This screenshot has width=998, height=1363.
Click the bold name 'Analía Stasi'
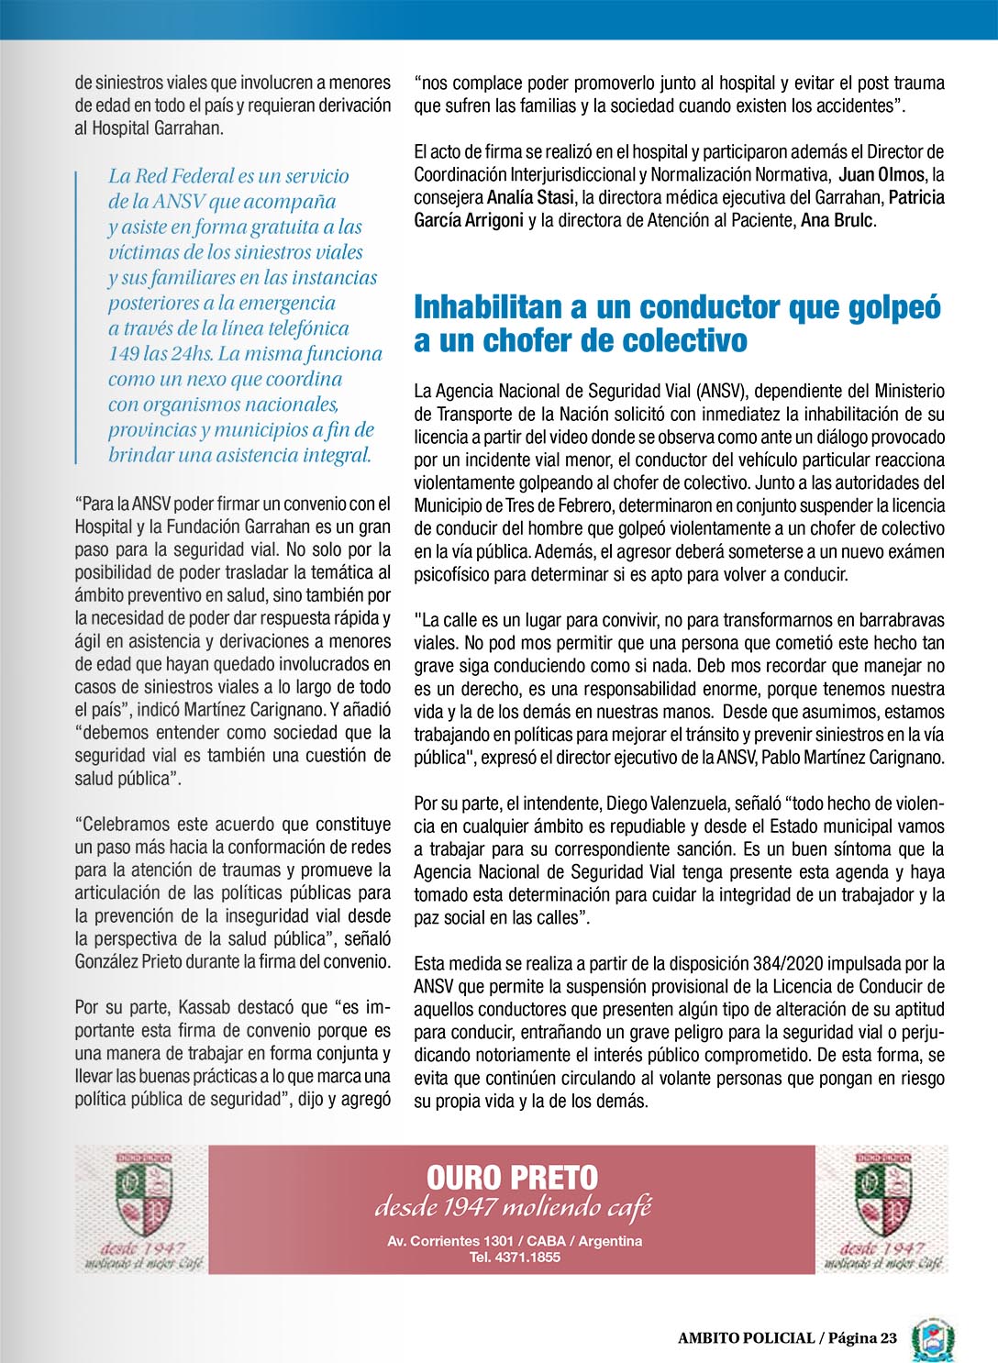[530, 197]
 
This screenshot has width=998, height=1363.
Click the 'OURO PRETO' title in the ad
[512, 1178]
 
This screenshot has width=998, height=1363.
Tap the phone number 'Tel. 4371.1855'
[515, 1258]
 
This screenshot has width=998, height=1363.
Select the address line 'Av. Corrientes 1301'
[450, 1241]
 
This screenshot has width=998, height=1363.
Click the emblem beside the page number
[933, 1339]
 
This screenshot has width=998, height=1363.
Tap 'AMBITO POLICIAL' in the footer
[746, 1338]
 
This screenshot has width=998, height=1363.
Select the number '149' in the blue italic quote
[124, 354]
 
